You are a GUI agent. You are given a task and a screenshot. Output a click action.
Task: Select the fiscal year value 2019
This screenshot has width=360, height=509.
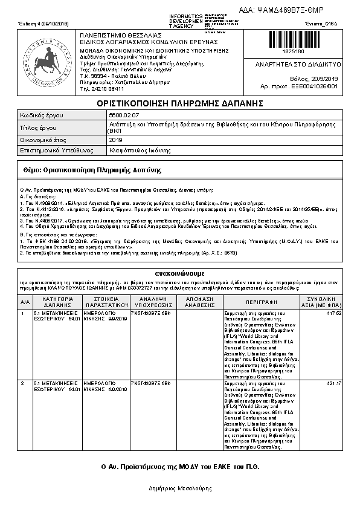click(x=115, y=140)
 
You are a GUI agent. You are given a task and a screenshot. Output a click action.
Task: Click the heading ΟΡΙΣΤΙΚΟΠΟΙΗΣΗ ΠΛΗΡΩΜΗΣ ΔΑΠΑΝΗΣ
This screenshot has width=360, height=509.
click(x=179, y=104)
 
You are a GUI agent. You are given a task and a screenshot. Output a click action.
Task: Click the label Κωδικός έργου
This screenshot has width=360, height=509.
click(x=42, y=114)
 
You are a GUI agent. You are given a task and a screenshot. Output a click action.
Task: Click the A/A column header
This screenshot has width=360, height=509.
click(x=24, y=302)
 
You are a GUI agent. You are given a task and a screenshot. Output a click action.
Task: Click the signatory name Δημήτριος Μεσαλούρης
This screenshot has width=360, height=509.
click(x=179, y=487)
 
